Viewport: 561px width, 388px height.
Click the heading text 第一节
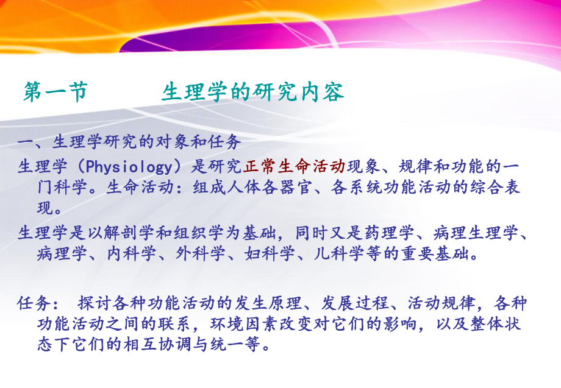pyautogui.click(x=55, y=92)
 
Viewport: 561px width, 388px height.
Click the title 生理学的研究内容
pyautogui.click(x=253, y=92)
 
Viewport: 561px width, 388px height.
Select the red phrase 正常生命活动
pyautogui.click(x=295, y=166)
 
